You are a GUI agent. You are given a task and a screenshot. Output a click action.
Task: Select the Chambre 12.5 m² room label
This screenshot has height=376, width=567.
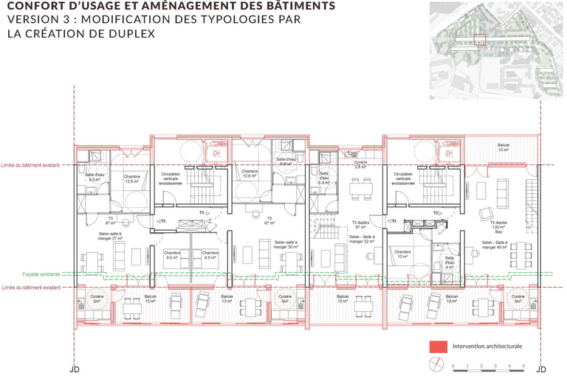(x=132, y=179)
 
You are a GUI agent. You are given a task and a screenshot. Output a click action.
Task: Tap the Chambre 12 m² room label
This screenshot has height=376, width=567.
(x=402, y=254)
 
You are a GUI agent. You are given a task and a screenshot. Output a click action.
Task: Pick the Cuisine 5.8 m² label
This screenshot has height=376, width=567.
(x=361, y=166)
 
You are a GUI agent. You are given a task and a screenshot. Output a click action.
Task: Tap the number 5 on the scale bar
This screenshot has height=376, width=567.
(x=523, y=366)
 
